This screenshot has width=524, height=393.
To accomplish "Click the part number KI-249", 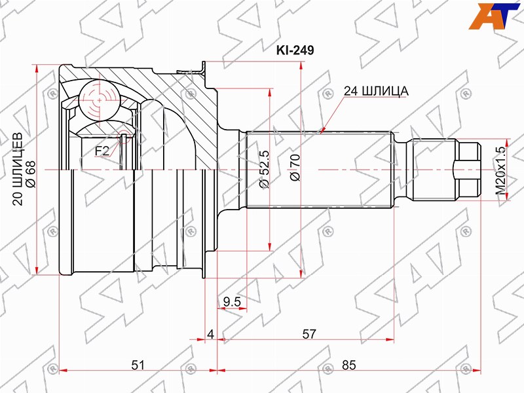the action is coord(295,50).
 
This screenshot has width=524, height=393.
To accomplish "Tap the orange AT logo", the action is coord(494,16).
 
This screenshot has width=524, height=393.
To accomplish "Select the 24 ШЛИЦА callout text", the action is coord(376,90).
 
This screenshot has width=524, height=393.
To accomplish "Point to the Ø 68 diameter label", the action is coord(31,173).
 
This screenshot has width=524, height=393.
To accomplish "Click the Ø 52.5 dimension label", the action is coord(264,170).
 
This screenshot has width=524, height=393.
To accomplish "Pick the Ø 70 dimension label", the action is coord(295,168).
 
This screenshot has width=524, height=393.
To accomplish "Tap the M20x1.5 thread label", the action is coord(501,170).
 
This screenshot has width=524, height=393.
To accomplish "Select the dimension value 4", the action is coord(210,334).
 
